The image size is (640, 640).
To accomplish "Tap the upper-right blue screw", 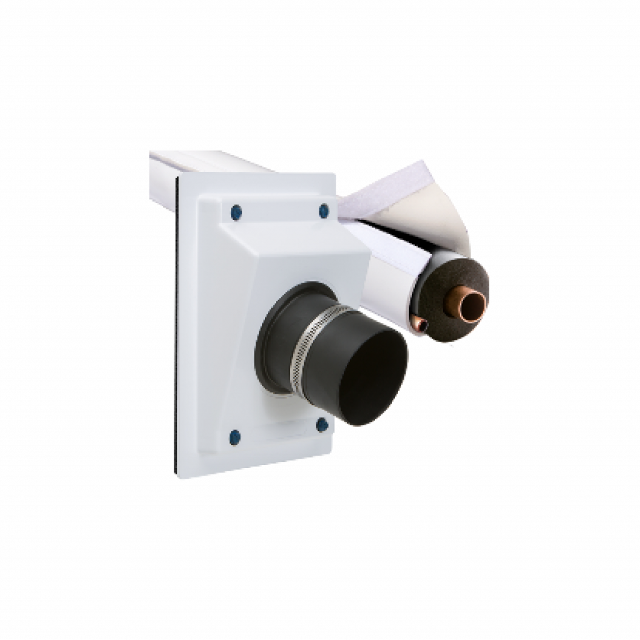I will pos(323,211).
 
